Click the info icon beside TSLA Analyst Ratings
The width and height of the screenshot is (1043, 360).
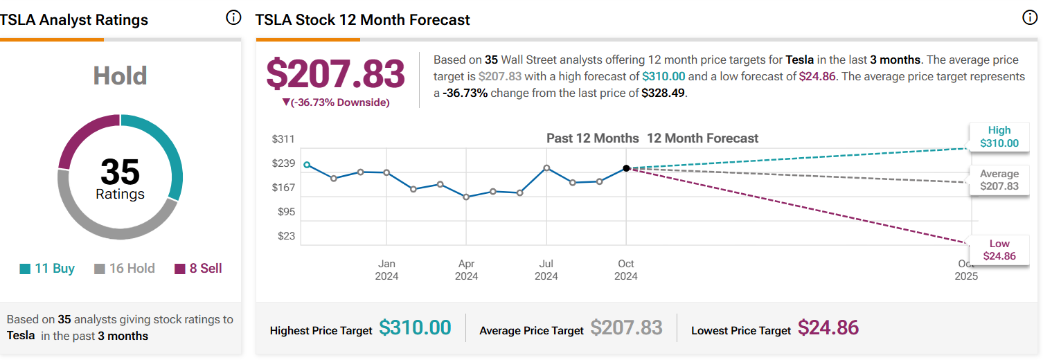[233, 18]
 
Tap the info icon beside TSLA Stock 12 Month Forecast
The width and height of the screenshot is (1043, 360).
[1030, 18]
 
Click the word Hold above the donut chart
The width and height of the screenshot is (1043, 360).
[120, 75]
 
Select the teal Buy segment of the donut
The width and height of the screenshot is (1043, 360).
[173, 154]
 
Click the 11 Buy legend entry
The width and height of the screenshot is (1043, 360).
[47, 269]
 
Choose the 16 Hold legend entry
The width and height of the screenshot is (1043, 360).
[125, 269]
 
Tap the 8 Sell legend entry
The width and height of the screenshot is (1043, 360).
[198, 269]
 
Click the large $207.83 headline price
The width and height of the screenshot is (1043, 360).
[336, 73]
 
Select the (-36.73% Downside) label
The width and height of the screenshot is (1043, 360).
[336, 102]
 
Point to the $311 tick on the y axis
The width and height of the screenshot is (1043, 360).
[283, 138]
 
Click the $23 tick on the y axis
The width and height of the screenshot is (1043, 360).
[286, 236]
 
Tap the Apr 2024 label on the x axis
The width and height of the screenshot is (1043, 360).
[467, 269]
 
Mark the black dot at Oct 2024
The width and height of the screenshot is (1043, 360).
[626, 168]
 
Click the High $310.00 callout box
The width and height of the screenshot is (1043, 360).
[999, 136]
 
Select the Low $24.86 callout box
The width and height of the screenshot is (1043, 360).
[999, 250]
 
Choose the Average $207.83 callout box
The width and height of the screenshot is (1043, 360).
[999, 180]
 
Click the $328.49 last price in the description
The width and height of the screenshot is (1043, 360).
[663, 93]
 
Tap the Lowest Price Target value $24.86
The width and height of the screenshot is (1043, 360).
[828, 327]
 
